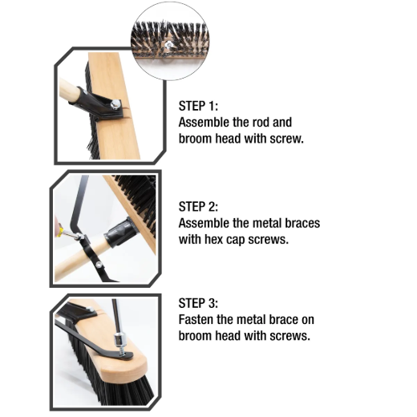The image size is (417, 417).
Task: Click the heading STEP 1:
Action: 198,106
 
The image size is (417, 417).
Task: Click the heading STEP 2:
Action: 198,207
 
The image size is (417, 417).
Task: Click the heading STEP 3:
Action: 198,303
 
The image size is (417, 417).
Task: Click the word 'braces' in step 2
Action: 302,223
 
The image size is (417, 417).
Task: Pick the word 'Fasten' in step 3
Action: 196,320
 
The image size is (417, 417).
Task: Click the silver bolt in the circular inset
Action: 168,45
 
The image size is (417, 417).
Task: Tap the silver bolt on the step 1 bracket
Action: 115,104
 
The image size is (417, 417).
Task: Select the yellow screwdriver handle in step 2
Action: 59,231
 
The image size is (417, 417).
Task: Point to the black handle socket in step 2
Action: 120,233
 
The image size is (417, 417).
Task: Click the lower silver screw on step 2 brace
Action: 99,265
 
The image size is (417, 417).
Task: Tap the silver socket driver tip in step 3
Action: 118,339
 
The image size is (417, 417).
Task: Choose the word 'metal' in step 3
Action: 252,320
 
